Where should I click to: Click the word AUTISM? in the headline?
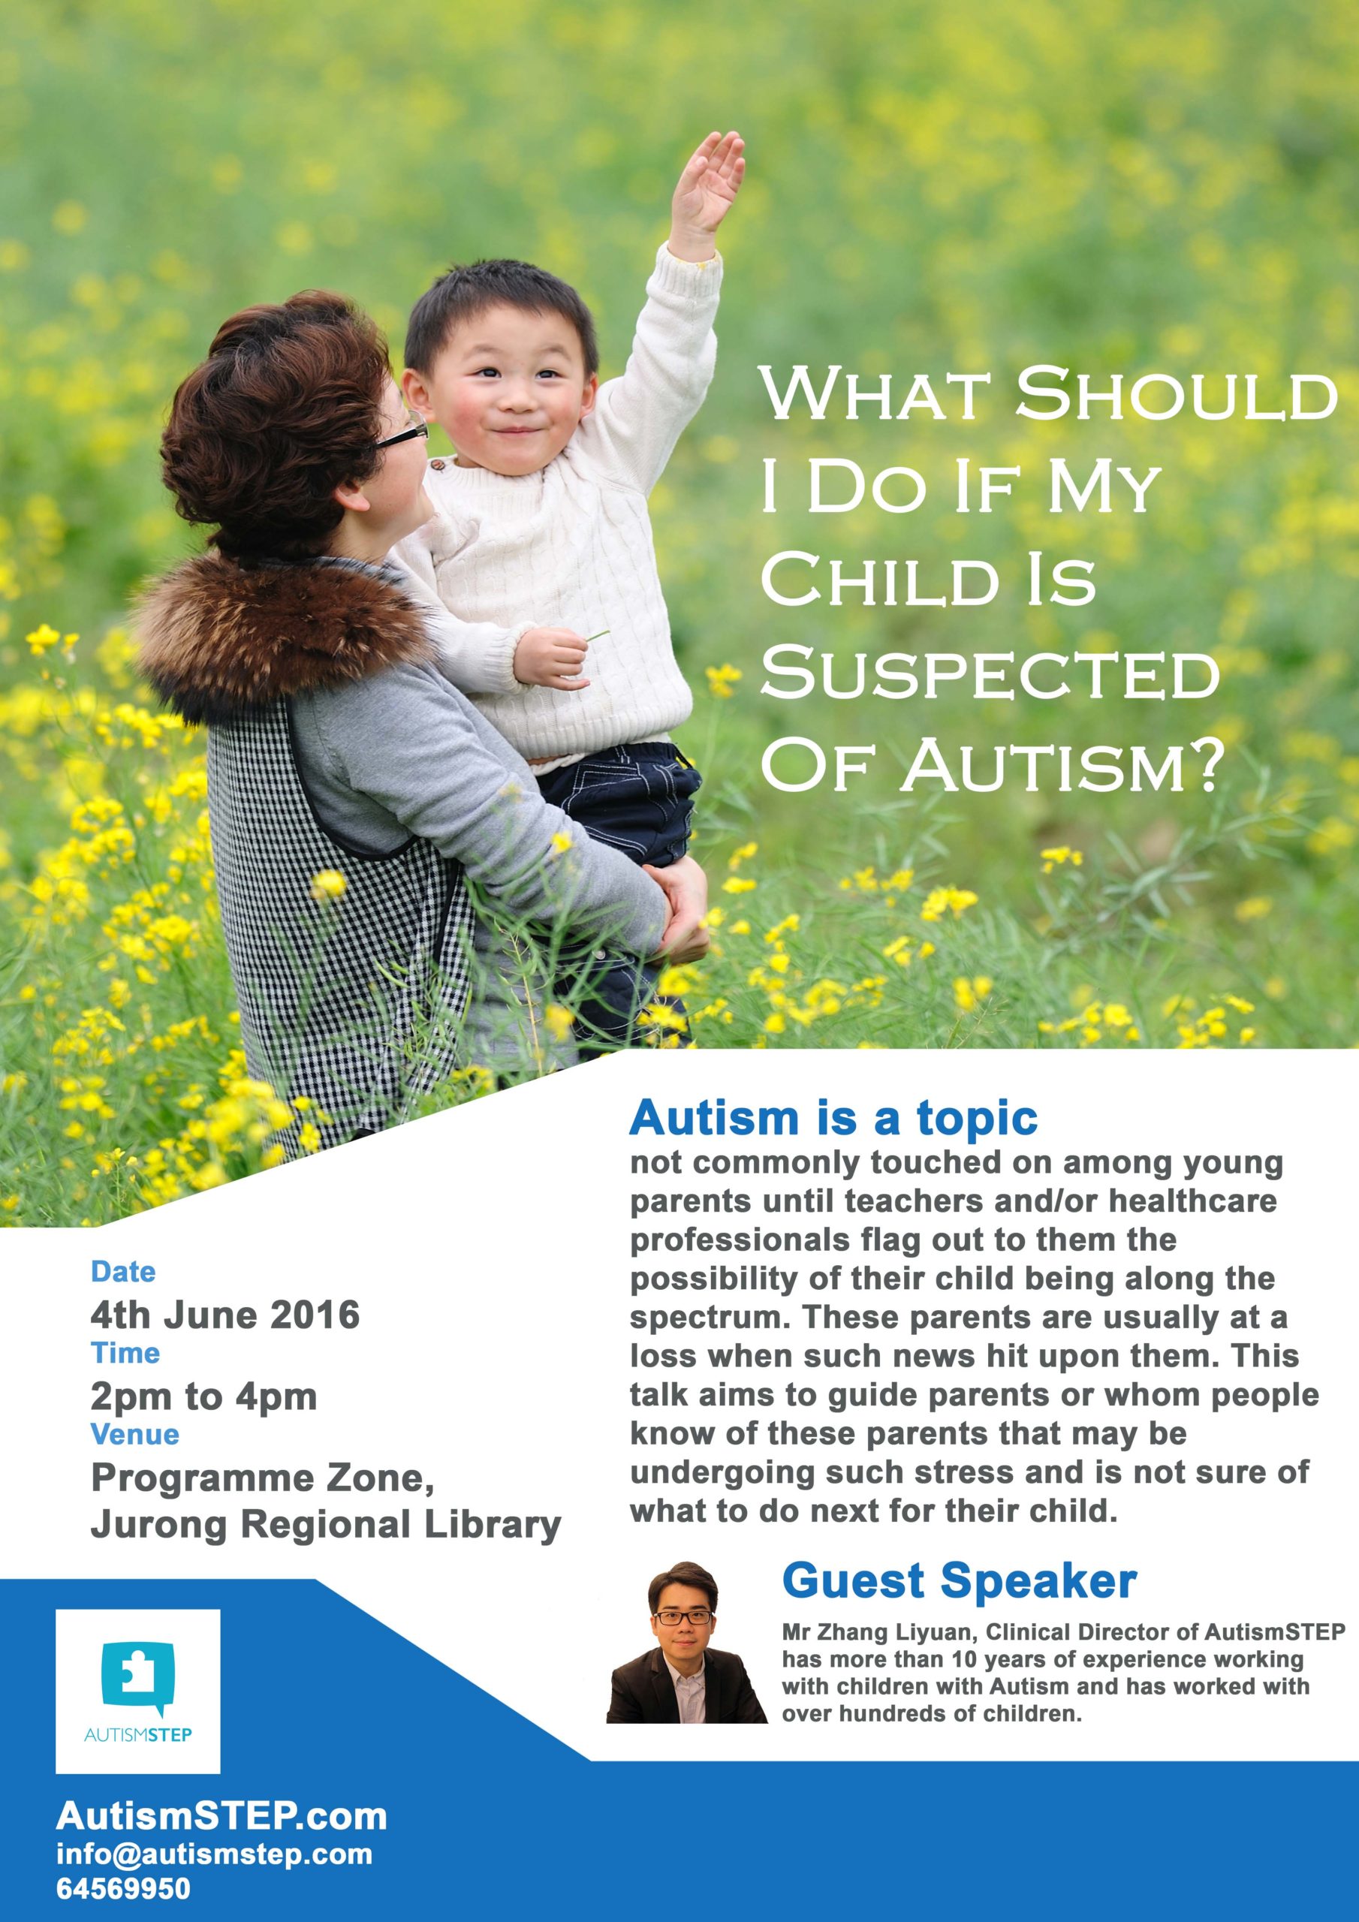pyautogui.click(x=1063, y=765)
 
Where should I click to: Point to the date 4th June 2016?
pyautogui.click(x=225, y=1315)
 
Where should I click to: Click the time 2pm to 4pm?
pyautogui.click(x=203, y=1396)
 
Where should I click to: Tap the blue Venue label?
pyautogui.click(x=135, y=1434)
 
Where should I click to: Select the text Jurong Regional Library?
pyautogui.click(x=326, y=1525)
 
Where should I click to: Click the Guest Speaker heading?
pyautogui.click(x=960, y=1581)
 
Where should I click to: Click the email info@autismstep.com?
pyautogui.click(x=214, y=1854)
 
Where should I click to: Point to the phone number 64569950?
pyautogui.click(x=123, y=1887)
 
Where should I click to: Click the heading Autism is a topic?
pyautogui.click(x=833, y=1119)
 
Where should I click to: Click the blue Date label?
pyautogui.click(x=123, y=1272)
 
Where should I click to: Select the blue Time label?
pyautogui.click(x=125, y=1353)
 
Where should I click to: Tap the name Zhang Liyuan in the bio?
pyautogui.click(x=895, y=1631)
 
